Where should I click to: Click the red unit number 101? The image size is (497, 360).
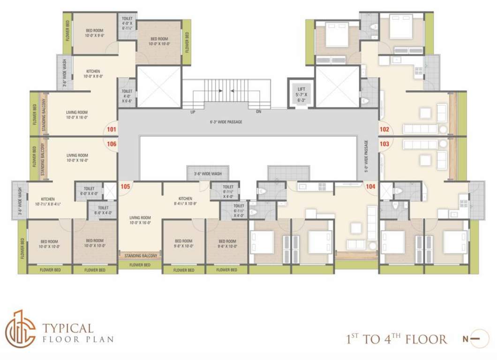[111, 129]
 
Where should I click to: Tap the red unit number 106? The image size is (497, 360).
[111, 144]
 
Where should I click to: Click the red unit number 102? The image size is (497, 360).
[384, 129]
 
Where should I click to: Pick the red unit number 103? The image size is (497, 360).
[384, 144]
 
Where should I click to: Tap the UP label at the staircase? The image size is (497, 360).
[193, 112]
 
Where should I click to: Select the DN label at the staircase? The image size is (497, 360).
[258, 112]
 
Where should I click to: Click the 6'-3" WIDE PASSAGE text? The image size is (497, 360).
[226, 122]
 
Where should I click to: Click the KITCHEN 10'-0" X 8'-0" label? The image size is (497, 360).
[93, 74]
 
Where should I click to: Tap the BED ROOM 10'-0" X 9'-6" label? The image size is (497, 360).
[94, 33]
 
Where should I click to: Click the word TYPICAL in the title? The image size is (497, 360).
[68, 328]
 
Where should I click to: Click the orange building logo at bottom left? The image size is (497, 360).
[20, 329]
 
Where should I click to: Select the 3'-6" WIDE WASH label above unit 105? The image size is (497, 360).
[208, 173]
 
